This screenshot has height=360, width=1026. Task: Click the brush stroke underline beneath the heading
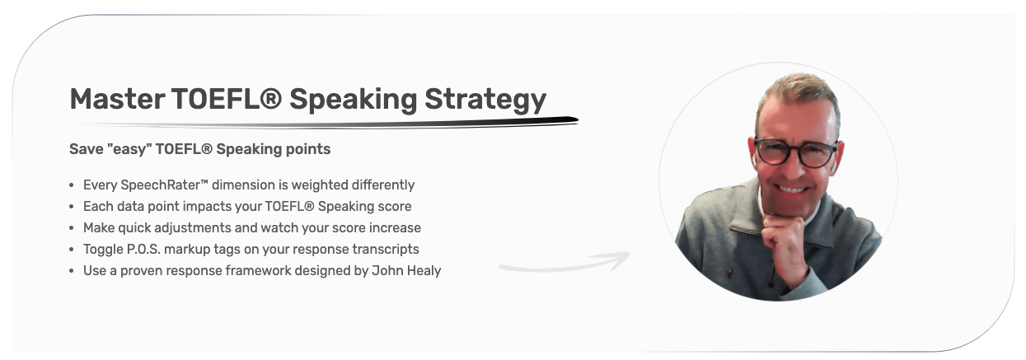pos(330,123)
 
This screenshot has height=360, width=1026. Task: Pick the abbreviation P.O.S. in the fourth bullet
pos(148,249)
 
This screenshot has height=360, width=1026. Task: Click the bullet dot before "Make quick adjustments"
pos(73,228)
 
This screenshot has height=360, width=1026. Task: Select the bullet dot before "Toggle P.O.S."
pos(73,250)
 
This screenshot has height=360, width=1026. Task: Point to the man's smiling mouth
pos(794,189)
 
